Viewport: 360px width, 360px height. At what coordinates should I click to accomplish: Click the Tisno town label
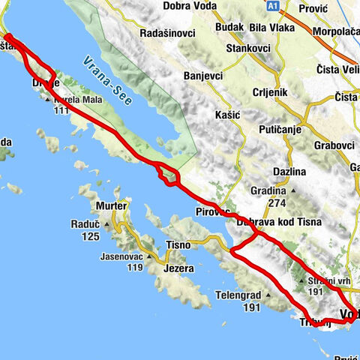tap(178, 244)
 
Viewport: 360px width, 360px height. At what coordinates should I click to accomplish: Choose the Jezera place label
tap(178, 268)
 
